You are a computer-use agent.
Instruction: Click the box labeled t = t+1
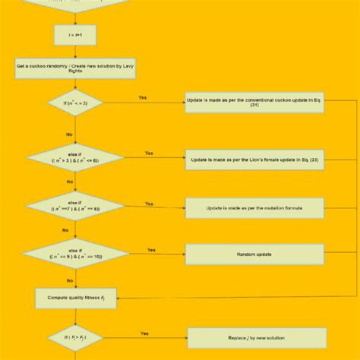(74, 35)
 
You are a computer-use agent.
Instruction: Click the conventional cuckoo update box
(254, 103)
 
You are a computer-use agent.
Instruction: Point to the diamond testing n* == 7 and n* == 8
(74, 207)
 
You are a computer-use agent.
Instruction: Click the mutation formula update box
(254, 207)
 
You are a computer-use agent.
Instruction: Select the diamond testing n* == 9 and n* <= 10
(74, 254)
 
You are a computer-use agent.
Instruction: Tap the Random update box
(254, 254)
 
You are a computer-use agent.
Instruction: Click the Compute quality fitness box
(74, 298)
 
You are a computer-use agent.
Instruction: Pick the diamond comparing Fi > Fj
(74, 337)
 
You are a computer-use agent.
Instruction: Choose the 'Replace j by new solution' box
(257, 337)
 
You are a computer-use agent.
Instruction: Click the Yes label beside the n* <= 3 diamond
(143, 97)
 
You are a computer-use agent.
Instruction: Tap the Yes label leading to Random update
(151, 249)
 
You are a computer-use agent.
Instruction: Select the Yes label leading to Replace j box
(144, 333)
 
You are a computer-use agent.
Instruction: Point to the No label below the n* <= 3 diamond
(69, 134)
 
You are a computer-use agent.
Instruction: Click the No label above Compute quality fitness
(69, 279)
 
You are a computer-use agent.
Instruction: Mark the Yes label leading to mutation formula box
(149, 204)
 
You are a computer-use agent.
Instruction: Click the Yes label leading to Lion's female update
(149, 153)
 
